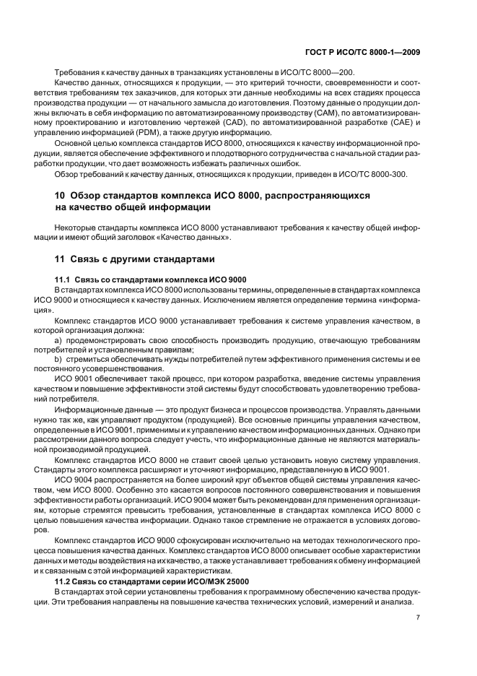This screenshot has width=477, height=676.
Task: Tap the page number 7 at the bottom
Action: coord(418,617)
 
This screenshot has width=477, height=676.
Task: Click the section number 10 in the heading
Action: coord(61,196)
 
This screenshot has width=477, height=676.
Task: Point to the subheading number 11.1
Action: coord(64,279)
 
